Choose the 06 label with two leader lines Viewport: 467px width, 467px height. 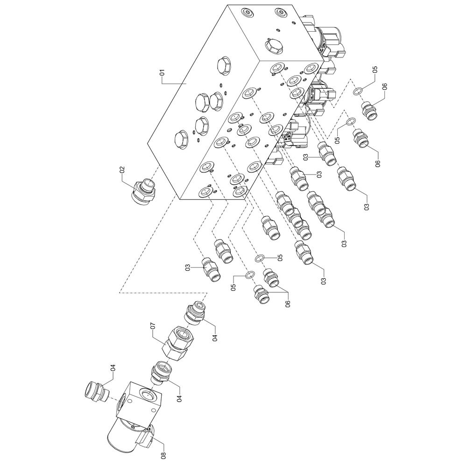288,303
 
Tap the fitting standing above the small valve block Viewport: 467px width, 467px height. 96,390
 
